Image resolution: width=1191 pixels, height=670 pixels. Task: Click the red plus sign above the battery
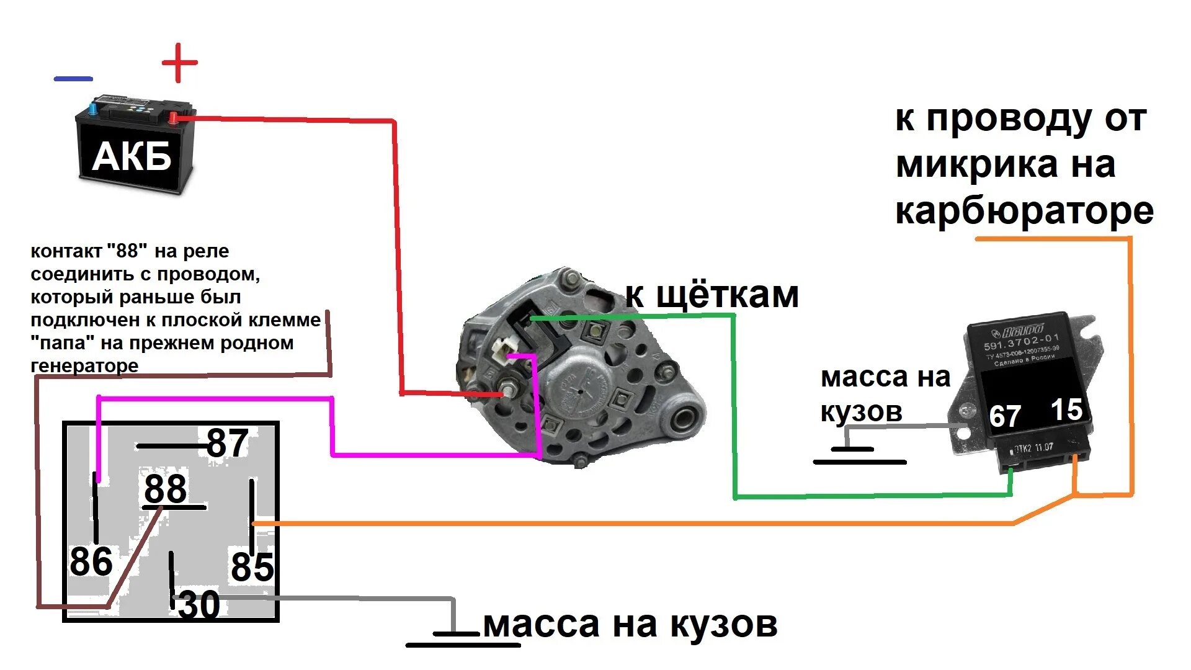pos(179,63)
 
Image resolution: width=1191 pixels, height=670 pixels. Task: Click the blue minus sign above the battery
pos(73,79)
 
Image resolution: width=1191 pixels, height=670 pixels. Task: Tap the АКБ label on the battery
pos(132,156)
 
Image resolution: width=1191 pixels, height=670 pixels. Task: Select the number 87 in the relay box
pos(227,443)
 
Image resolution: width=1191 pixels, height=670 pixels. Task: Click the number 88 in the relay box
pos(165,489)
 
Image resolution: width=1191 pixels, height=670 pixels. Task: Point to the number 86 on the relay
pos(91,561)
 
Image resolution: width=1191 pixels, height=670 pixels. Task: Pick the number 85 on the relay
pos(252,567)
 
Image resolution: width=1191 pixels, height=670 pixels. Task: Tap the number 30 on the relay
pos(198,605)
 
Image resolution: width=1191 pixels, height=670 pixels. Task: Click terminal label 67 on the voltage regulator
pos(1004,416)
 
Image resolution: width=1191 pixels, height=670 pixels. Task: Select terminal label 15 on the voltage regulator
pos(1066,409)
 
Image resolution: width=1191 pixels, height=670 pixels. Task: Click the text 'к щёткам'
pos(711,295)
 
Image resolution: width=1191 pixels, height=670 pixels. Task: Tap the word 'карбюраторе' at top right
pos(1024,211)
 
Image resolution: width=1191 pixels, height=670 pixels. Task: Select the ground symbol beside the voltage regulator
pos(859,455)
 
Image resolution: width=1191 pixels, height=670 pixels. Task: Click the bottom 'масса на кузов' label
pos(630,624)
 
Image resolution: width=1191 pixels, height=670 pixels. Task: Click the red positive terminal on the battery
pos(174,118)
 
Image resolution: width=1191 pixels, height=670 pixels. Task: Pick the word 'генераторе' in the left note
pos(84,365)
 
